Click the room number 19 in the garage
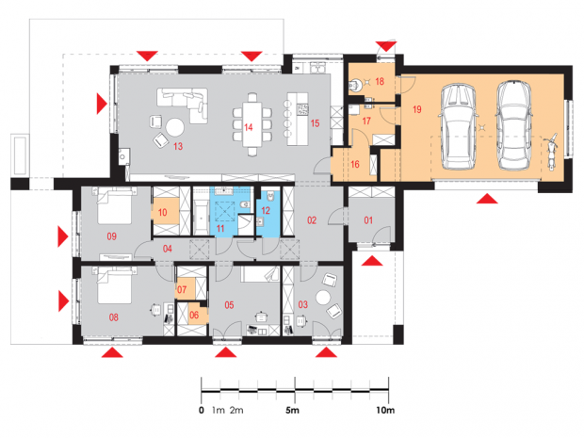(x=416, y=109)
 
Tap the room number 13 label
(x=178, y=146)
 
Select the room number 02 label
(x=312, y=220)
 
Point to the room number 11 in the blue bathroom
(x=220, y=228)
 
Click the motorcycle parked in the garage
(x=550, y=152)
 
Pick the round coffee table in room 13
(x=174, y=127)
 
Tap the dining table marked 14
(x=252, y=124)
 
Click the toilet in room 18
(x=354, y=85)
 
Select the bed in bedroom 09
(x=114, y=205)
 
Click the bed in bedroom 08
(x=114, y=285)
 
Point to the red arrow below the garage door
(x=487, y=199)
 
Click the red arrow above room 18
(x=386, y=46)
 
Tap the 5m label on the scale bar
(x=292, y=411)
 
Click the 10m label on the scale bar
(x=385, y=411)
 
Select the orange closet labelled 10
(x=165, y=211)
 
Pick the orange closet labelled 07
(x=186, y=288)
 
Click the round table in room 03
(x=323, y=298)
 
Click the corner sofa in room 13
(x=182, y=105)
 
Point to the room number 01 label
(x=368, y=220)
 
